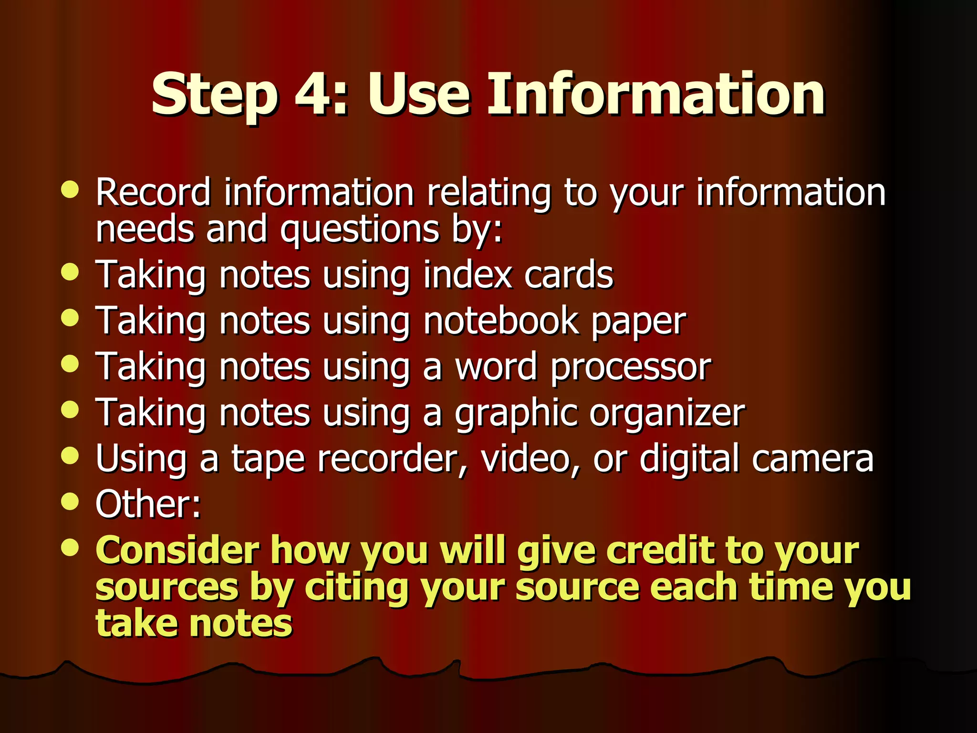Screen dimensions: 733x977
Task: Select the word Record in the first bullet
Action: [153, 192]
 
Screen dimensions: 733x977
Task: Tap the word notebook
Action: [501, 321]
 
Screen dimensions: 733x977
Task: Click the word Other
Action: [145, 504]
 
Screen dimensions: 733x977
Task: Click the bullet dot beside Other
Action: [70, 501]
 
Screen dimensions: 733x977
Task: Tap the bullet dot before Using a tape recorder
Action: [70, 455]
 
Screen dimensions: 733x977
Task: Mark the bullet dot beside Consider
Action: [70, 547]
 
